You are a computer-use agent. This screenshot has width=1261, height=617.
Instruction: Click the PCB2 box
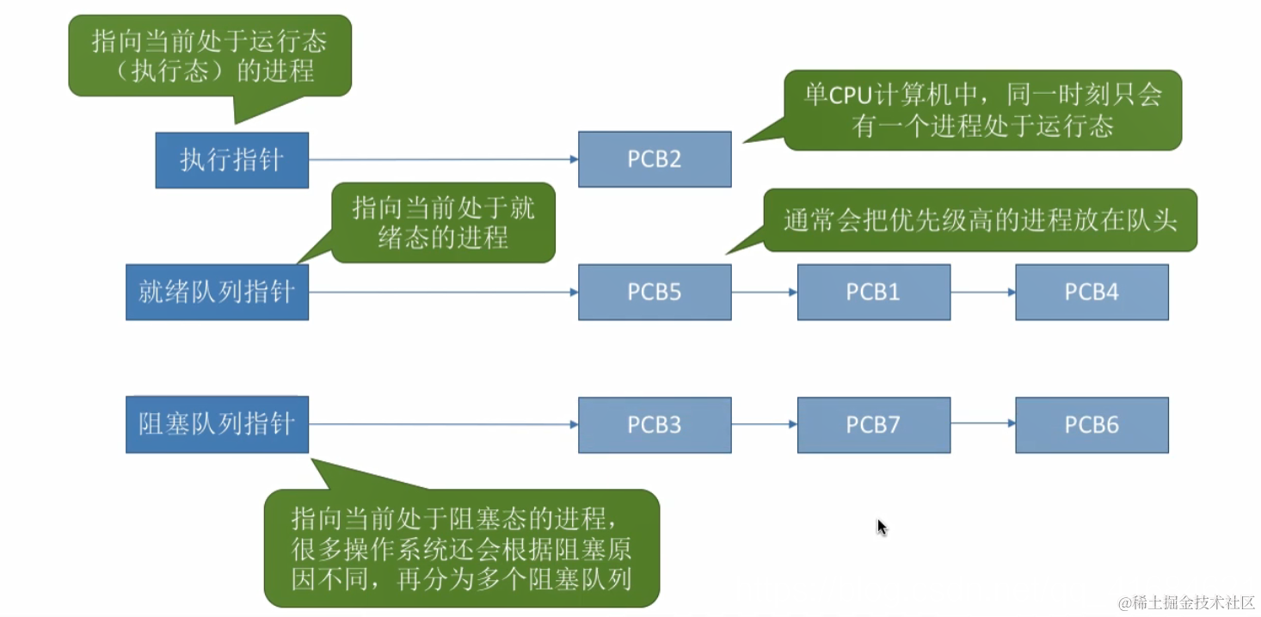click(655, 159)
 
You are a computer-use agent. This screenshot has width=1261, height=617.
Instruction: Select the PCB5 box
click(655, 292)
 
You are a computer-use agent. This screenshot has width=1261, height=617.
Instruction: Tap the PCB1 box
click(873, 292)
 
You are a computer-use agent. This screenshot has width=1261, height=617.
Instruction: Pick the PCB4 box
click(1092, 292)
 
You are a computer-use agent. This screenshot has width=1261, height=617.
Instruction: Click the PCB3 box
click(655, 424)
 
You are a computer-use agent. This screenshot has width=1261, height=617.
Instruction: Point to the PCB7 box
click(873, 424)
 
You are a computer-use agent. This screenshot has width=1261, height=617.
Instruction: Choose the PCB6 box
click(1092, 424)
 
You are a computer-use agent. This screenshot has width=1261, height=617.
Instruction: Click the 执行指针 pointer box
click(231, 160)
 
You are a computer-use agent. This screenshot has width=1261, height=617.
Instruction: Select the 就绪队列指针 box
click(217, 292)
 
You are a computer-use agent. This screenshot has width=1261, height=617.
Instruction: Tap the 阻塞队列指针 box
click(217, 424)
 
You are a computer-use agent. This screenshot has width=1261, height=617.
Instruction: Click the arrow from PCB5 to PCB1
click(764, 292)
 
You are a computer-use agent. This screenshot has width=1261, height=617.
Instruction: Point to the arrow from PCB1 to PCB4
click(982, 292)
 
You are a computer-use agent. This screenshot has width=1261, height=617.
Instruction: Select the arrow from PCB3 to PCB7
click(764, 424)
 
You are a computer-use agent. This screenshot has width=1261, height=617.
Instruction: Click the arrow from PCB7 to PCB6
click(982, 424)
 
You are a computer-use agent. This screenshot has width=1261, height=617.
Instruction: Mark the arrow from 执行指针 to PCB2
click(443, 159)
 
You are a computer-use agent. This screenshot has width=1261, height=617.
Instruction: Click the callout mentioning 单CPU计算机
click(982, 110)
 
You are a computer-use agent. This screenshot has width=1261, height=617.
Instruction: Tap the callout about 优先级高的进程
click(979, 220)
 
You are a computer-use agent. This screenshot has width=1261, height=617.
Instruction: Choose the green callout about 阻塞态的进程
click(461, 548)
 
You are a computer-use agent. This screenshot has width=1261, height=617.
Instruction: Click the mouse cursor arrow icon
click(882, 527)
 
